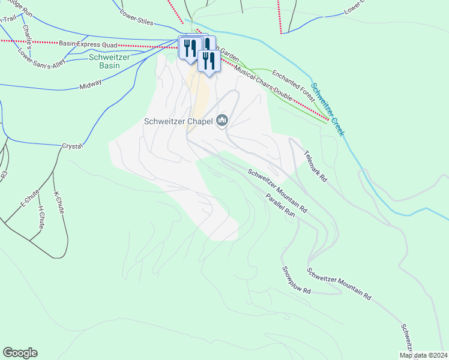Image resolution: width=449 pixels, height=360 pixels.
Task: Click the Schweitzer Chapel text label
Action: pos(179,121)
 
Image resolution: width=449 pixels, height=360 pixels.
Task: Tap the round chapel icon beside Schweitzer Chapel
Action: pos(223,121)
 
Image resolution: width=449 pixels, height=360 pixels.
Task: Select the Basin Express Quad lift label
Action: pos(88,43)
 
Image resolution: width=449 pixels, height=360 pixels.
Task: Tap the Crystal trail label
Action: pos(71,146)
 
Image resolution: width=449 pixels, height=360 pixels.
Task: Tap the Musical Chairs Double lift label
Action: pos(265,83)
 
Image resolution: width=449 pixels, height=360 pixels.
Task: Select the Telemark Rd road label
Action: pos(314,166)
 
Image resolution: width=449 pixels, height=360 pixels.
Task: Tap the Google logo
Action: pos(20,353)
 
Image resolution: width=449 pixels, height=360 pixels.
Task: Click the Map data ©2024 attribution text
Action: pos(423,355)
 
